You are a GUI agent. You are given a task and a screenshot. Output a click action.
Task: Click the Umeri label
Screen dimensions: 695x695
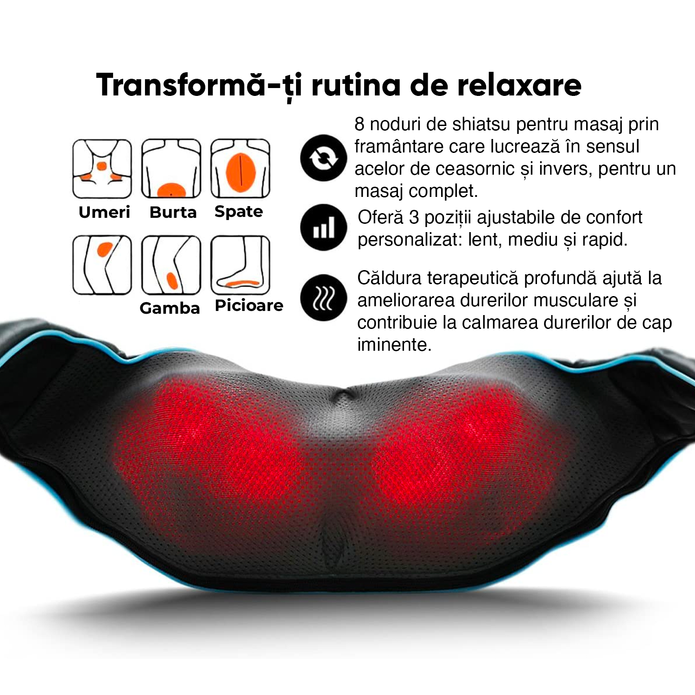click(104, 212)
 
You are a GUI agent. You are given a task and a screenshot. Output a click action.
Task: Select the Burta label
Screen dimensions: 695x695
click(173, 212)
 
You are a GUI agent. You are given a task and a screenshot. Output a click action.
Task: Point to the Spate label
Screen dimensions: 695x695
click(239, 212)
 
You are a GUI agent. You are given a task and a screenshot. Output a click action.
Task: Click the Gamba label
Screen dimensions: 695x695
click(170, 308)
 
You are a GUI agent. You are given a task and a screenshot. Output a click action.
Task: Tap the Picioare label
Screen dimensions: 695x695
click(249, 306)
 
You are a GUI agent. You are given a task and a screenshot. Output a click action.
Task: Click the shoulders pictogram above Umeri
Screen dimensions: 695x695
click(102, 169)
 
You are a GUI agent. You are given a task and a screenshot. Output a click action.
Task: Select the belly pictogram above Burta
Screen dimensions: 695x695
click(171, 169)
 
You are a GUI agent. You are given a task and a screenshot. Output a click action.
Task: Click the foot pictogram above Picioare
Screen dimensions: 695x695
click(240, 265)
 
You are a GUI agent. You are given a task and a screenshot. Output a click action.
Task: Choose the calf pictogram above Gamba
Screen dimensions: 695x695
click(171, 265)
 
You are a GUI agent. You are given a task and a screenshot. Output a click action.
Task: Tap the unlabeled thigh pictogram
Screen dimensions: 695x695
click(102, 265)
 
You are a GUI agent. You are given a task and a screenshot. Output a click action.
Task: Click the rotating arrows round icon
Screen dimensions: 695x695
click(323, 158)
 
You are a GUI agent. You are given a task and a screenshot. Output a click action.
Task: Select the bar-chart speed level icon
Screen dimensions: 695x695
click(323, 227)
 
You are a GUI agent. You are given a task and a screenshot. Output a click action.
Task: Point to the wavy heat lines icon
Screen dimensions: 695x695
click(323, 298)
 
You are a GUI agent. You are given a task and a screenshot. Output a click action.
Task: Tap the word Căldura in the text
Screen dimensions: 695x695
click(389, 278)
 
